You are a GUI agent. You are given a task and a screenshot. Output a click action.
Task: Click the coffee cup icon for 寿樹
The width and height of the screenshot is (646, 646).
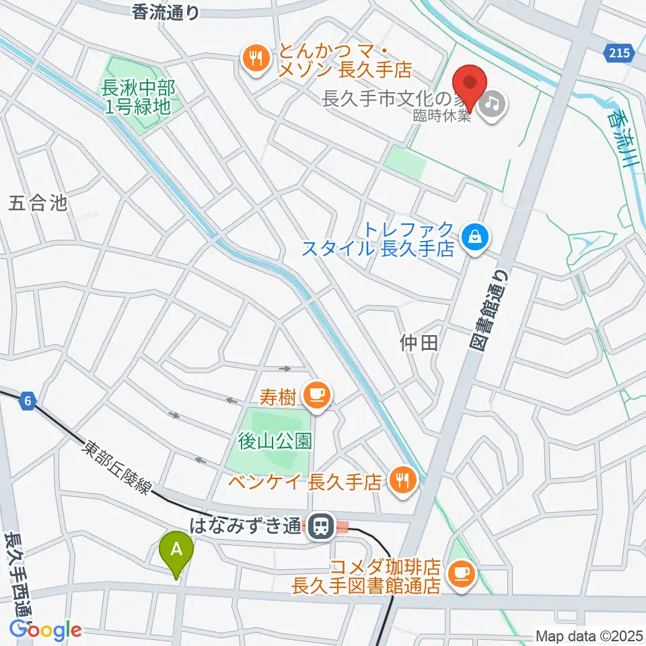315,395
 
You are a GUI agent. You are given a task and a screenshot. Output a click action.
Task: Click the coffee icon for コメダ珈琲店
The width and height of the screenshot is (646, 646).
460,573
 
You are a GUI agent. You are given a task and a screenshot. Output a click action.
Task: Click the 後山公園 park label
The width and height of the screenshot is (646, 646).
275,441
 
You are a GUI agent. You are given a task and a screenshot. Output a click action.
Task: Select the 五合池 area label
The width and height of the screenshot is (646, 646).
39,203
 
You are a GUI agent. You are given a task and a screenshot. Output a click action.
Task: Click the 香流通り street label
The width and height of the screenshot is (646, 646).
166,12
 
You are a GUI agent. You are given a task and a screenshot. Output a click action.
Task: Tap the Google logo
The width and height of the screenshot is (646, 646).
45,630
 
